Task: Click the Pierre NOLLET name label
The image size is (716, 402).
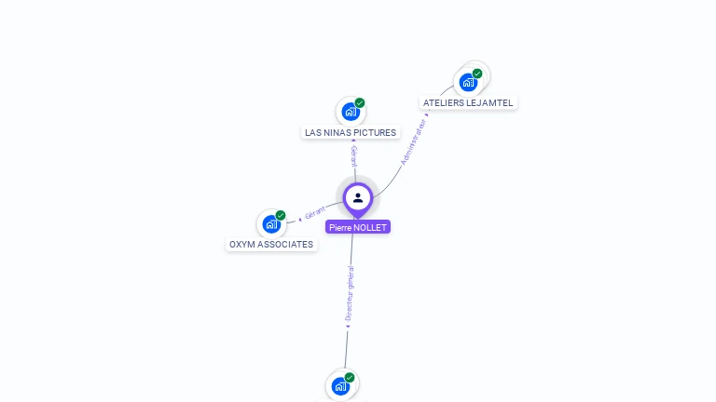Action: pyautogui.click(x=358, y=227)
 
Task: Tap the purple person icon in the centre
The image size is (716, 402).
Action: pyautogui.click(x=358, y=197)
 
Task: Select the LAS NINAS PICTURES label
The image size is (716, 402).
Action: pyautogui.click(x=351, y=133)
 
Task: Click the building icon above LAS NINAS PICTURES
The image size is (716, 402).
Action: pyautogui.click(x=351, y=112)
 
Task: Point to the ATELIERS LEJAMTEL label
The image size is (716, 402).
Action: pyautogui.click(x=468, y=102)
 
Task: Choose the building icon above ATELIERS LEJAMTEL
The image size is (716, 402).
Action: pyautogui.click(x=469, y=82)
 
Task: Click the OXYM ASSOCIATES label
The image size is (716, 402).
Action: pyautogui.click(x=271, y=245)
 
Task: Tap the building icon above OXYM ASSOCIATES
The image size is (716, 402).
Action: pyautogui.click(x=271, y=223)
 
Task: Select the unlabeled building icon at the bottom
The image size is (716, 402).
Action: pyautogui.click(x=340, y=385)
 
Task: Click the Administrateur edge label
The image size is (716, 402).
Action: pyautogui.click(x=414, y=141)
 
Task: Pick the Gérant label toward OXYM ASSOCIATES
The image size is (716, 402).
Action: pyautogui.click(x=314, y=213)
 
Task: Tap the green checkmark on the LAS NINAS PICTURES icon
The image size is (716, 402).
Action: pyautogui.click(x=360, y=103)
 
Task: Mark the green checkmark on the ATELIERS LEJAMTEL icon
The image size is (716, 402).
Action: pyautogui.click(x=477, y=74)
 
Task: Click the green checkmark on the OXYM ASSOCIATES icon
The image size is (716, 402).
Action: pyautogui.click(x=281, y=215)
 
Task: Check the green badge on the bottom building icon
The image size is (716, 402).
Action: pyautogui.click(x=350, y=377)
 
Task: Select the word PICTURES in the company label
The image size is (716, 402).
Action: pyautogui.click(x=375, y=133)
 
